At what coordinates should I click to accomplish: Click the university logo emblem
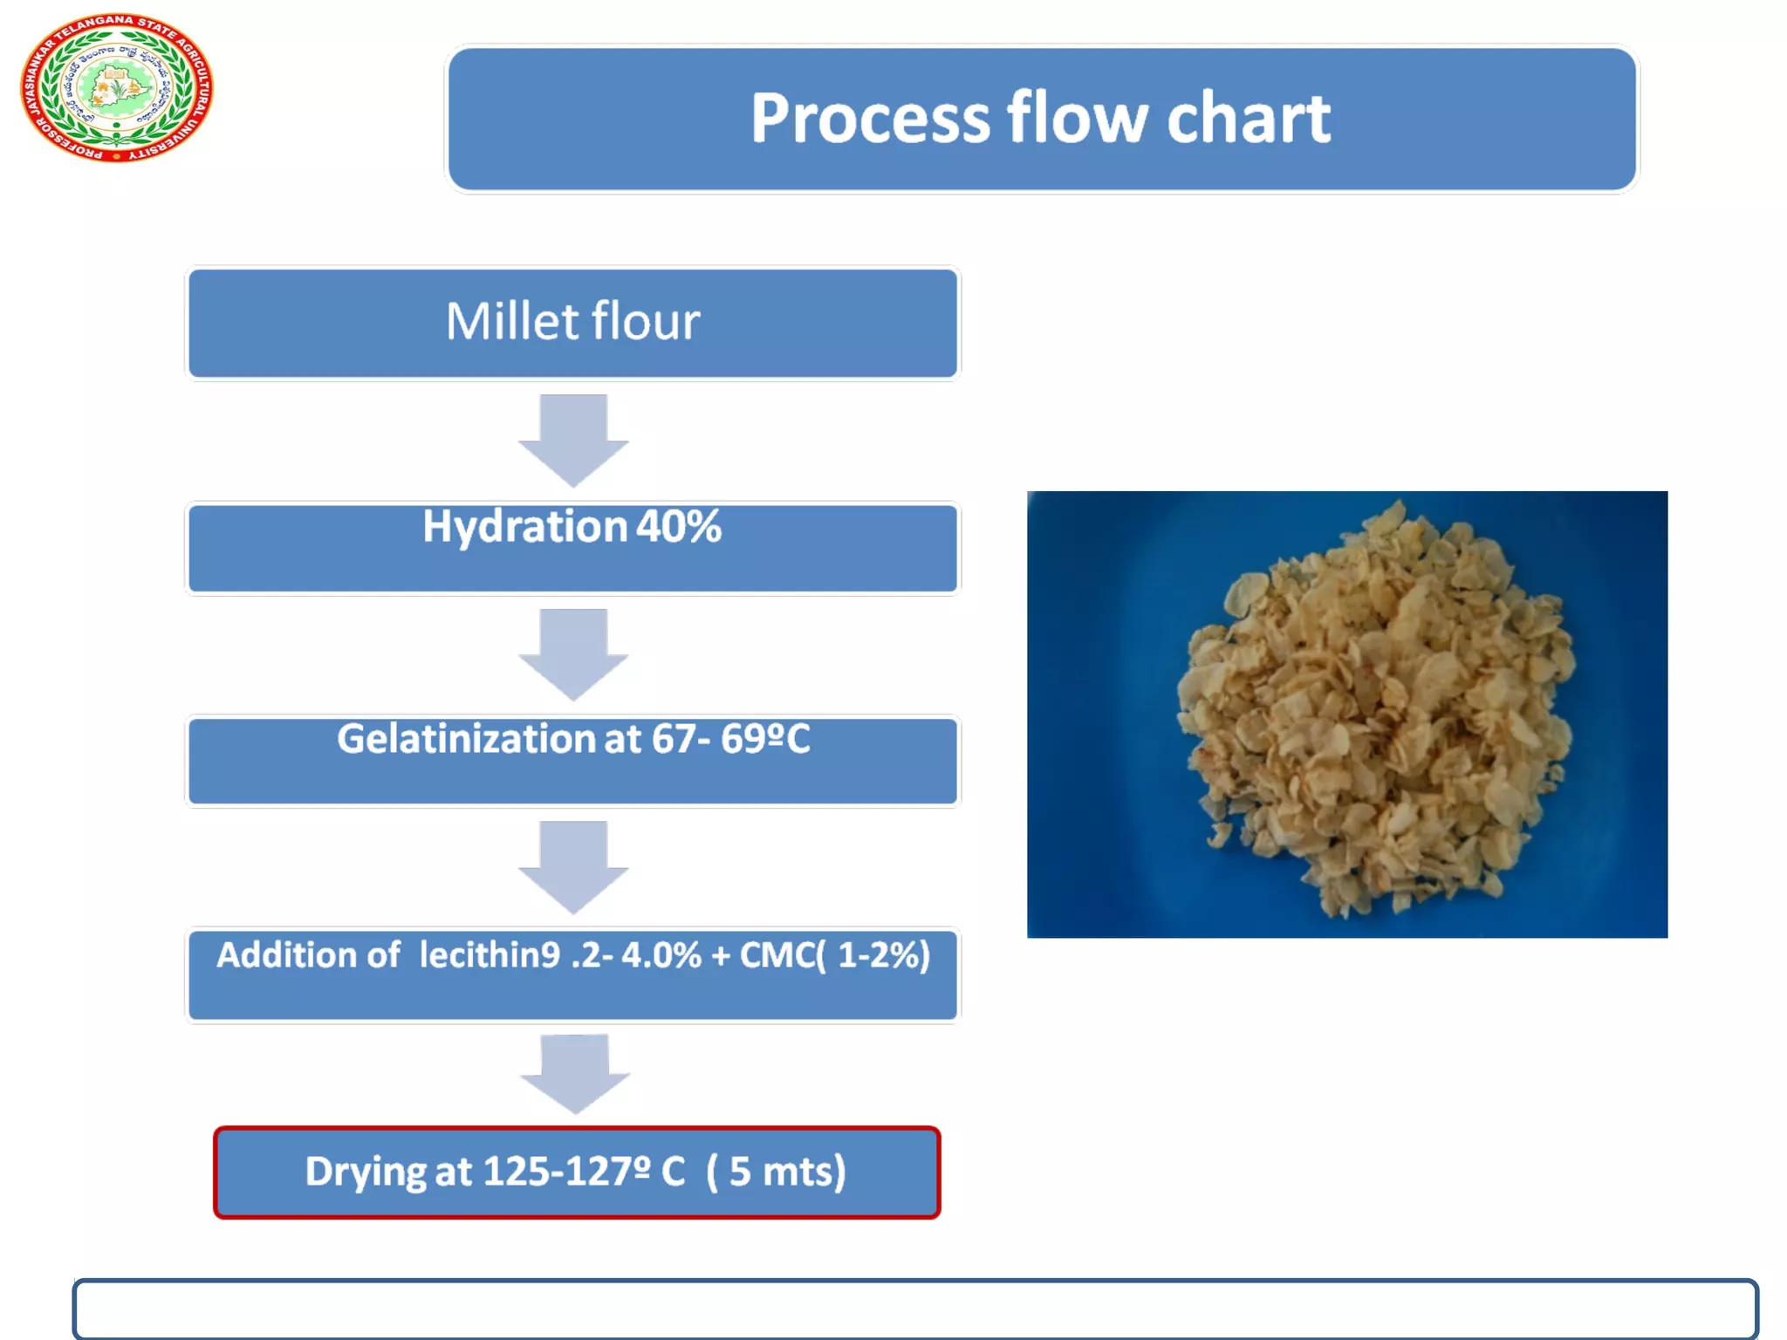click(116, 87)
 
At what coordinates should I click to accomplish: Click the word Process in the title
click(870, 120)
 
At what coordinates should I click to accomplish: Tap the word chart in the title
click(1249, 120)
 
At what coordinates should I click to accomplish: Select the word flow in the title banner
click(1078, 120)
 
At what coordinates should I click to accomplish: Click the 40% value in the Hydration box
click(679, 527)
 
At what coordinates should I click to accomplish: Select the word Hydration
click(524, 527)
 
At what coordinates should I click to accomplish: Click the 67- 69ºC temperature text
click(730, 740)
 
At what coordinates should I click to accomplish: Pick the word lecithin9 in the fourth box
click(489, 955)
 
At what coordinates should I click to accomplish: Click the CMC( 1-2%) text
click(835, 955)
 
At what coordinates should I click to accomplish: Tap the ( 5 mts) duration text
click(776, 1172)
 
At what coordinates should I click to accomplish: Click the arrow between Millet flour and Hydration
click(573, 440)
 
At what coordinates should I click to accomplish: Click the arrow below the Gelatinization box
click(573, 866)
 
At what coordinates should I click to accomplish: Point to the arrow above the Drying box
click(574, 1074)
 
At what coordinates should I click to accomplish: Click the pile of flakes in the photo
click(1374, 711)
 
